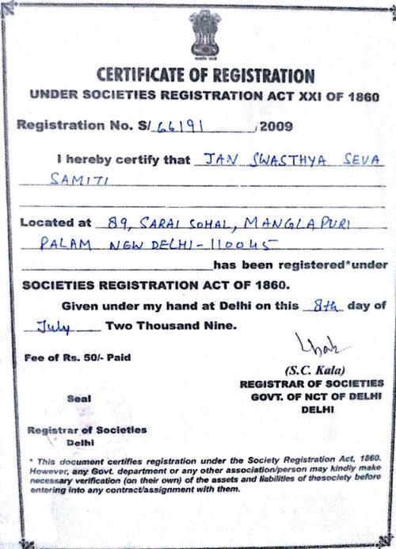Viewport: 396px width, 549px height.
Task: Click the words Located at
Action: tap(52, 223)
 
